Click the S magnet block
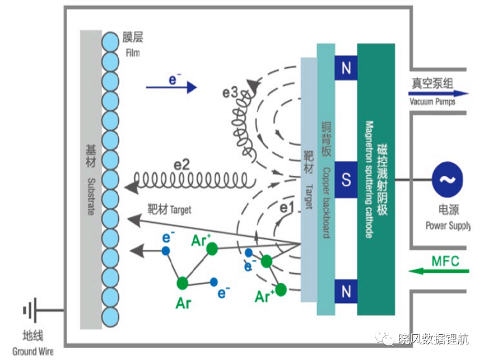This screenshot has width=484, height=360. (346, 180)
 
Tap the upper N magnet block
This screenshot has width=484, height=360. (346, 68)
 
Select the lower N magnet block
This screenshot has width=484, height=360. (346, 291)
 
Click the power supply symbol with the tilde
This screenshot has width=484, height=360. (447, 180)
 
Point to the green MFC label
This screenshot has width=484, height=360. (445, 261)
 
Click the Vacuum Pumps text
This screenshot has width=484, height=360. (432, 101)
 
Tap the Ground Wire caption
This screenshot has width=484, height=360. (32, 352)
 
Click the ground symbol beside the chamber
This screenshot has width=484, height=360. (30, 310)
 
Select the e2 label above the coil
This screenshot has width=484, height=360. (182, 165)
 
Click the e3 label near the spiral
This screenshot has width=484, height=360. (230, 92)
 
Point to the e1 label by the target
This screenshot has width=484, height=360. (286, 208)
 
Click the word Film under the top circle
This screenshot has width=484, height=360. (133, 53)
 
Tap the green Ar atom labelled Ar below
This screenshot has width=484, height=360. (183, 283)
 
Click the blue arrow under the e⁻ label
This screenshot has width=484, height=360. (171, 87)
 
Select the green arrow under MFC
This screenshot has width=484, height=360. (439, 272)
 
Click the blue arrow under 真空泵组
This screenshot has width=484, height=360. (439, 93)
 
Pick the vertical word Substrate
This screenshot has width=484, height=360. (91, 197)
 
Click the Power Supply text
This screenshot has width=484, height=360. (448, 226)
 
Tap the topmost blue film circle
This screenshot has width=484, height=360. (110, 41)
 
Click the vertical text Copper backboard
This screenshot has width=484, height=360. (326, 203)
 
